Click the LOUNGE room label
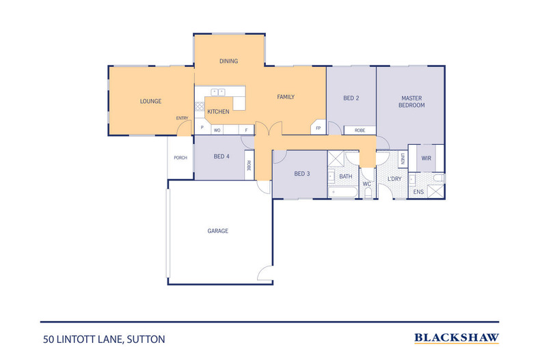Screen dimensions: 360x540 tap(150, 102)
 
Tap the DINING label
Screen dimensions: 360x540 tap(228, 61)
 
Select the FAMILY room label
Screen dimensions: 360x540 tap(285, 97)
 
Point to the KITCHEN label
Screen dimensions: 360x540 tap(218, 111)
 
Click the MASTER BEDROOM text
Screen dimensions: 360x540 tap(412, 102)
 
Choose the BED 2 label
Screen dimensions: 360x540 tap(351, 98)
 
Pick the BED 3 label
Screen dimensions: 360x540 tap(302, 174)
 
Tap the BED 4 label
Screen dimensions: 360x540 tap(221, 156)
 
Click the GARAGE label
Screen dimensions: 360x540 tap(217, 231)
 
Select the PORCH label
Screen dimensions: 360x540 tap(180, 158)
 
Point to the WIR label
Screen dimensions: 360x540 tap(426, 158)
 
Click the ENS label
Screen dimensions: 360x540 tap(418, 192)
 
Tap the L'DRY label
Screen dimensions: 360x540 tap(394, 179)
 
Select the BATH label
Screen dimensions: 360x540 tap(346, 176)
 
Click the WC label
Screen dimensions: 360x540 tap(366, 184)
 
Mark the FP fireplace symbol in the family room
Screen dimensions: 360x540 tap(318, 128)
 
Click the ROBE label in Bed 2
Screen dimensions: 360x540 tap(359, 130)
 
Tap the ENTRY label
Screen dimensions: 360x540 tap(182, 118)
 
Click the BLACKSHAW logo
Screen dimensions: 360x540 tap(457, 337)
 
